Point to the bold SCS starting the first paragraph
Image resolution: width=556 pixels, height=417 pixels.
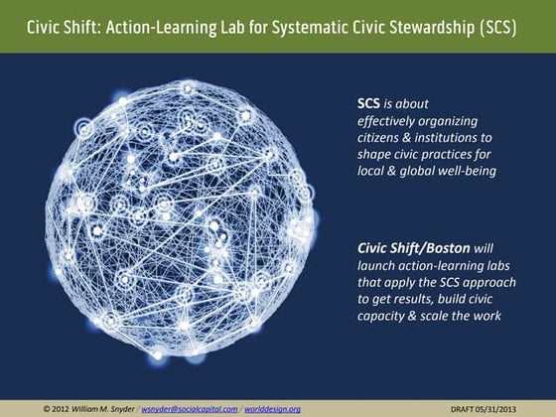click(369, 103)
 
